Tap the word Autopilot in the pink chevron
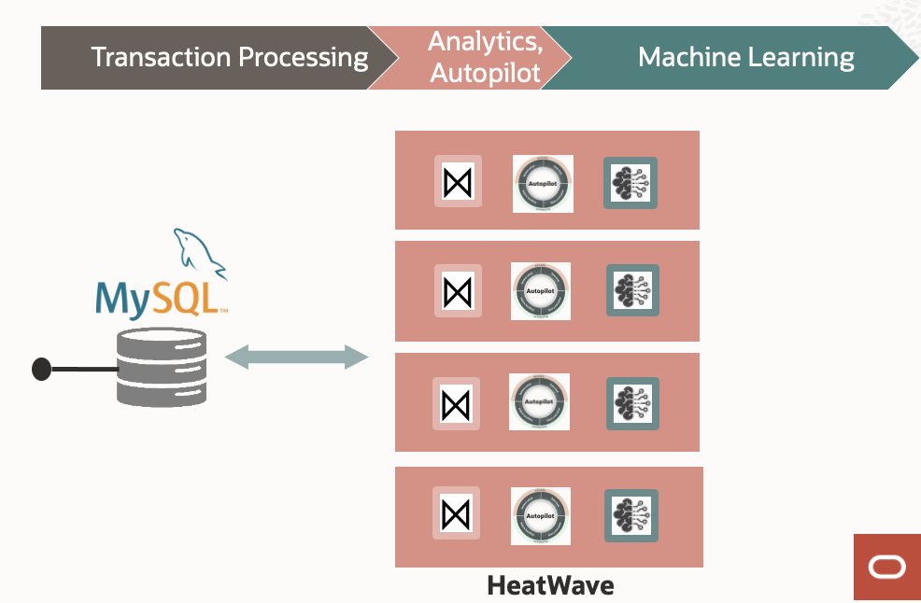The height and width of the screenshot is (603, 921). tap(485, 73)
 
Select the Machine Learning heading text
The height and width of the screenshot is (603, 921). tap(745, 57)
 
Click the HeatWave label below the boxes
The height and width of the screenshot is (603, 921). tap(551, 586)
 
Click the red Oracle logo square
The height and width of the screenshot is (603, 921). tap(886, 567)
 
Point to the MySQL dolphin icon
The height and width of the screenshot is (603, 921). tap(198, 253)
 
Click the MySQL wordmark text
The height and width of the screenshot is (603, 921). tap(159, 296)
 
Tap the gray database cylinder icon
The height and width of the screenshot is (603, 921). tap(162, 367)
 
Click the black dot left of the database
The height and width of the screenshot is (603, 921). tap(41, 370)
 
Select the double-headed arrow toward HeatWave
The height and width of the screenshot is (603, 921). tap(297, 356)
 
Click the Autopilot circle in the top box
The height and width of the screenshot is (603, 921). tap(543, 183)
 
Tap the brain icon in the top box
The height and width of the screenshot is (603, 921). tap(631, 183)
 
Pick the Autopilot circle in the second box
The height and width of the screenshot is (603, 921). tap(541, 290)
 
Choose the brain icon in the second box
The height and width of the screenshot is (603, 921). tap(632, 290)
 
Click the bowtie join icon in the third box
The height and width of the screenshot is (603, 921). tap(456, 403)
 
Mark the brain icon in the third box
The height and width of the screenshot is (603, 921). tap(632, 403)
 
